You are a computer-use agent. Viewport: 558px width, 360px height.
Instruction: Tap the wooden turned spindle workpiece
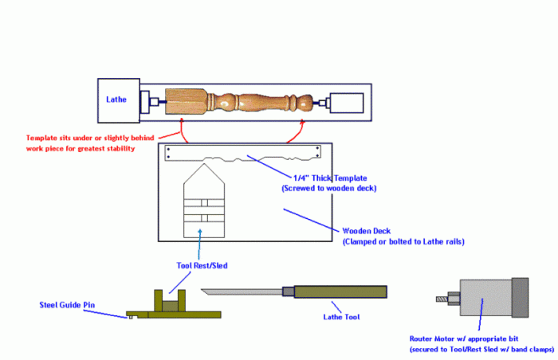click(x=239, y=102)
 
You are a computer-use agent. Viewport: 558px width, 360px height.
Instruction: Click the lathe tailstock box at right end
click(x=346, y=102)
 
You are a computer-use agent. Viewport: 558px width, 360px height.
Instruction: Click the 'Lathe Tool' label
click(x=342, y=316)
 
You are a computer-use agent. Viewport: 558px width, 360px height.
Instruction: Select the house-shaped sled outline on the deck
click(x=205, y=203)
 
